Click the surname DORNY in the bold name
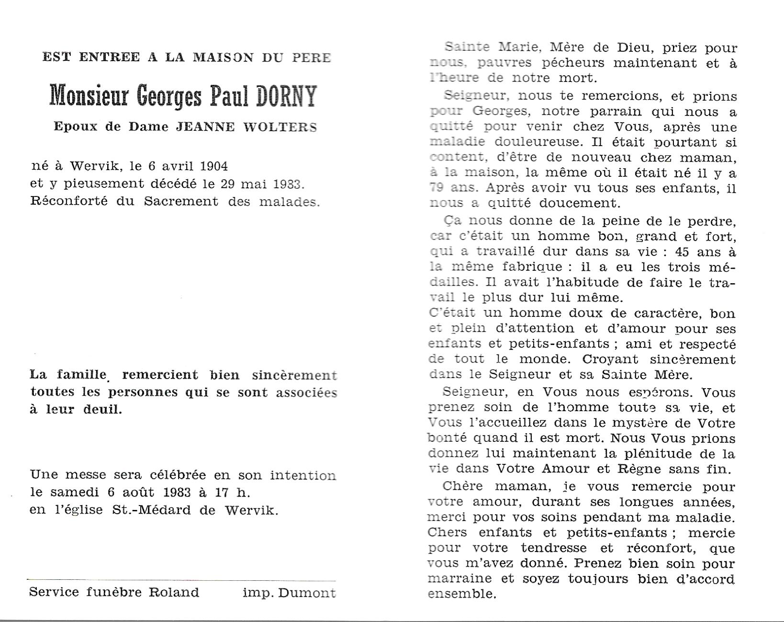(x=286, y=96)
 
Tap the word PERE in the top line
(x=311, y=58)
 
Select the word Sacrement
(x=181, y=201)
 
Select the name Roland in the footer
(x=174, y=592)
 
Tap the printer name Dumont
(x=307, y=593)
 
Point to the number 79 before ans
(x=437, y=188)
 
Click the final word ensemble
(x=460, y=594)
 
